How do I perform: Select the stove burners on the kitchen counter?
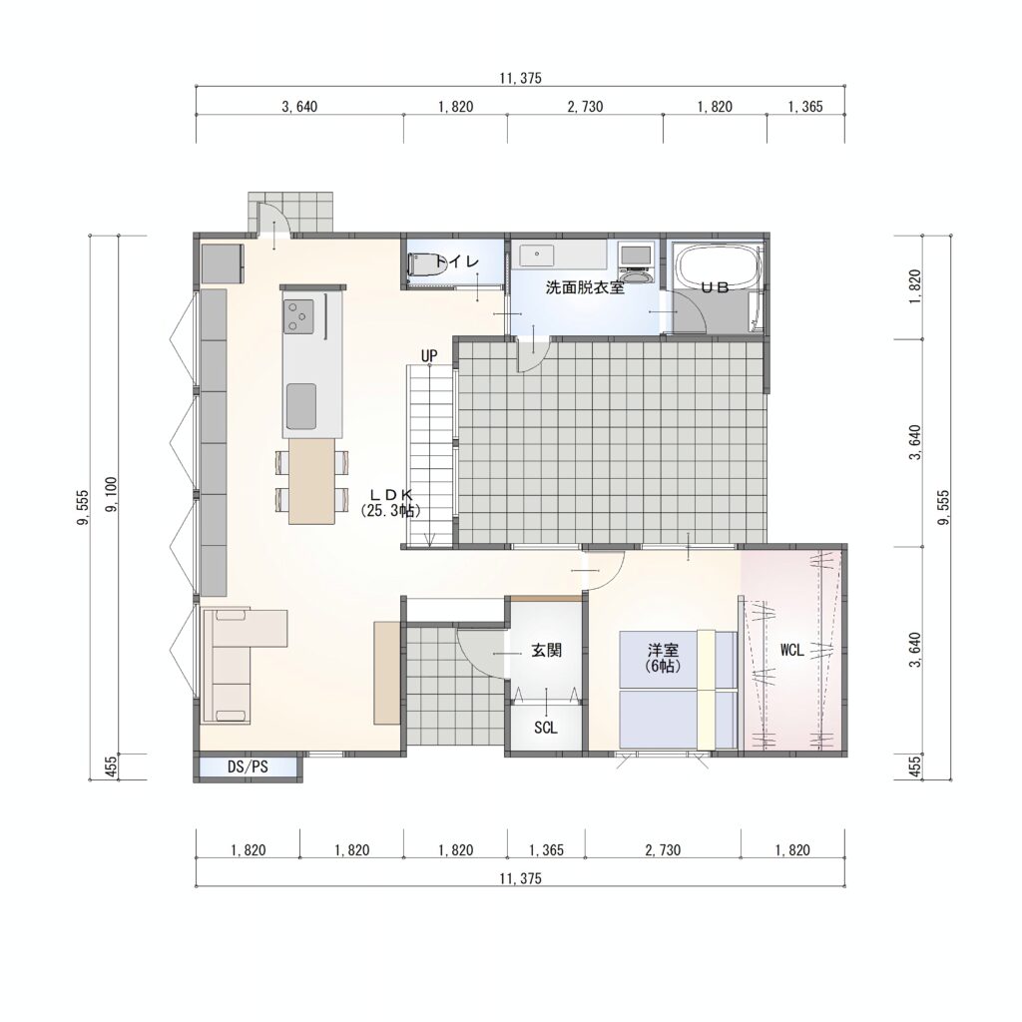299,316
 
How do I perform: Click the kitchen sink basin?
301,406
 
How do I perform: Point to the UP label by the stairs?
429,356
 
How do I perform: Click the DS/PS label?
248,766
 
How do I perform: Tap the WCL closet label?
791,650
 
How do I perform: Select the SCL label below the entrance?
546,728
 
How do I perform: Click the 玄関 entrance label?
546,650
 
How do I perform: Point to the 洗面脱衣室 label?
585,287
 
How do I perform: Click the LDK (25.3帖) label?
390,503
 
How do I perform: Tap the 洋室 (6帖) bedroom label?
663,658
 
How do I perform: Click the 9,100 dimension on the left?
112,494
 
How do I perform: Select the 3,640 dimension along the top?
299,106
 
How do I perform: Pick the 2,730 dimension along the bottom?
663,850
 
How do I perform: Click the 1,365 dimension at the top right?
805,106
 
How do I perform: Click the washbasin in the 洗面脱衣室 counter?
537,255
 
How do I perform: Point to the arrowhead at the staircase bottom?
429,540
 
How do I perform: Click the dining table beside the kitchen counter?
311,481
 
